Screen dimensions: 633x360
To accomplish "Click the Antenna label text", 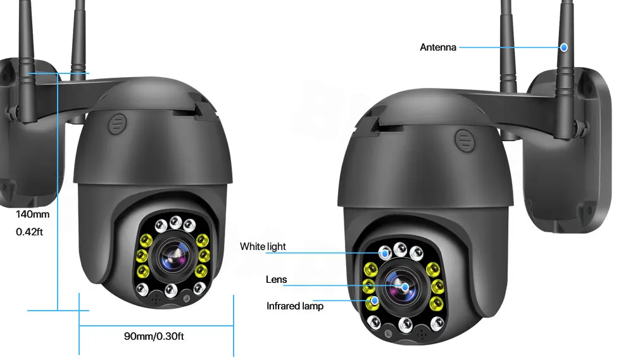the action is pos(438,47).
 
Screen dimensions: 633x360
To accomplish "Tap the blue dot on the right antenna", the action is pos(563,47).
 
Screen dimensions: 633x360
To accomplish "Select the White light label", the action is pos(263,247).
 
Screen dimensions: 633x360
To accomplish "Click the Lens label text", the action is pos(276,280).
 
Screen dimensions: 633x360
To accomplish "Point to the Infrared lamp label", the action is pos(295,306).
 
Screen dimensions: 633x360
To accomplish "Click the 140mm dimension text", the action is pos(33,214).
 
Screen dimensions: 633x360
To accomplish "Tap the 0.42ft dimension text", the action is pos(30,232).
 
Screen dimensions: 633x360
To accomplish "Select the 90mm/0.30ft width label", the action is pos(154,336).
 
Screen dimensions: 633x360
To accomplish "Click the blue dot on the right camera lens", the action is pos(405,286).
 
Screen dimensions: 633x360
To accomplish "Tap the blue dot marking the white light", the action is pos(384,252).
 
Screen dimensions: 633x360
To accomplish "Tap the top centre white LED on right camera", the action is pos(399,249).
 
